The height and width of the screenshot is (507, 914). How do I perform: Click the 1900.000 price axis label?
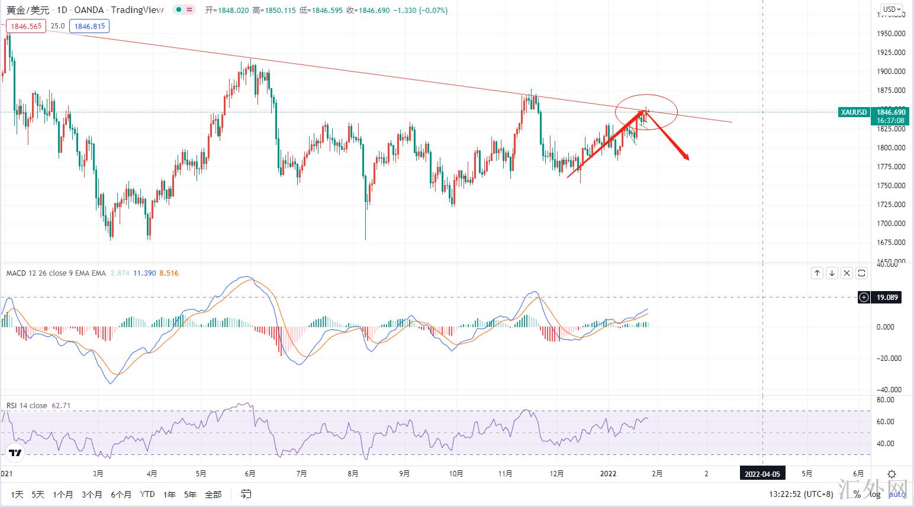(x=890, y=72)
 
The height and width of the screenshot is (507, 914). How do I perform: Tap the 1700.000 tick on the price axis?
(x=890, y=224)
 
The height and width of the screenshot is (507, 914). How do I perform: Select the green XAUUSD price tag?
(x=853, y=112)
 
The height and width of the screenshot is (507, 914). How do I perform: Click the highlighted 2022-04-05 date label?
(x=762, y=474)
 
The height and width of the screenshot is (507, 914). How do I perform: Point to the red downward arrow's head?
(x=687, y=158)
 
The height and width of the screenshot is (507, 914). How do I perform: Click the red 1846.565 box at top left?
(x=26, y=26)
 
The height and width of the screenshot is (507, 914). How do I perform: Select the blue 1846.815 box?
(x=90, y=26)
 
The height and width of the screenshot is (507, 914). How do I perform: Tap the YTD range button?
(x=147, y=495)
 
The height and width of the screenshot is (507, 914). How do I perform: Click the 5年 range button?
(x=190, y=495)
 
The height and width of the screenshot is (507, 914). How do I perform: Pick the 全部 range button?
(x=213, y=495)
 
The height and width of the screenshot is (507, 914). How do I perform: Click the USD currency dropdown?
(x=892, y=9)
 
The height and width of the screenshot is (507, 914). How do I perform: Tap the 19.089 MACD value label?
(x=886, y=298)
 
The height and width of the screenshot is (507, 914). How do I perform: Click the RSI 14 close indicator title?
(x=27, y=406)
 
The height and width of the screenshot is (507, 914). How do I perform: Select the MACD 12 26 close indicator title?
(x=56, y=273)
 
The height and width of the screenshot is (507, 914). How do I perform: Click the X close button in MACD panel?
(x=847, y=273)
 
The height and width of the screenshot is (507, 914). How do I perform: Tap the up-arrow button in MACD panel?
(x=817, y=273)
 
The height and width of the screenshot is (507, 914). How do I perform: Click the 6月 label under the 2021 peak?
(x=250, y=474)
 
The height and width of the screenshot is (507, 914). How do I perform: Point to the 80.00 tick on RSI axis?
(x=885, y=400)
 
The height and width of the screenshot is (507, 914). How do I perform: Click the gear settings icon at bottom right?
(x=892, y=474)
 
